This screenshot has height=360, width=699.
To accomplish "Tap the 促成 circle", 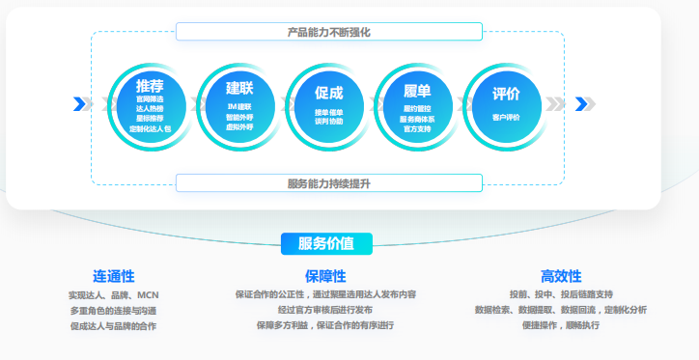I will [328, 105].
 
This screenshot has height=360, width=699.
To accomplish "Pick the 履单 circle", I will [416, 105].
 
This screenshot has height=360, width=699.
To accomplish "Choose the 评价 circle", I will [505, 105].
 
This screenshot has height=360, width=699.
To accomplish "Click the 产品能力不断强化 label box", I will [328, 32].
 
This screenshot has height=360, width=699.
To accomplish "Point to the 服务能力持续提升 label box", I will [328, 182].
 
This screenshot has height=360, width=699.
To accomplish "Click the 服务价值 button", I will [326, 243].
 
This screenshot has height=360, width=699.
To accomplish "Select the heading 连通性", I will [113, 276].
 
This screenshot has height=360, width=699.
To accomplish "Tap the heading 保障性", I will [325, 276].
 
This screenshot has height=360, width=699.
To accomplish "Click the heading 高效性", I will [561, 276].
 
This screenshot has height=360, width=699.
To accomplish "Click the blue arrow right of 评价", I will [579, 104].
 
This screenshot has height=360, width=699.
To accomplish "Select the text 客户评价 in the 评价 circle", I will [506, 117].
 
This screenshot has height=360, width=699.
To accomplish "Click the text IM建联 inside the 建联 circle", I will [238, 106].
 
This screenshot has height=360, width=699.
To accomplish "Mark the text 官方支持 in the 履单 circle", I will [417, 127].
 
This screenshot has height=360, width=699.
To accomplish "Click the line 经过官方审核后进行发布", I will [325, 310].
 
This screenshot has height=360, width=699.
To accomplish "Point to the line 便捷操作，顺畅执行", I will [561, 325].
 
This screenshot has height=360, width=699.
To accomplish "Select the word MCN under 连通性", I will [148, 294].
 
